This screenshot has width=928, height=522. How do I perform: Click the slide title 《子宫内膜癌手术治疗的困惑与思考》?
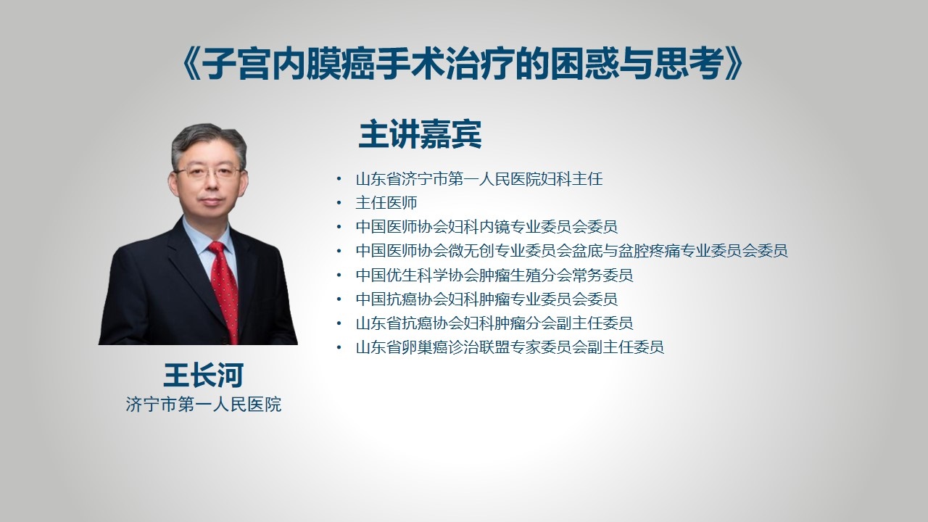coord(463,63)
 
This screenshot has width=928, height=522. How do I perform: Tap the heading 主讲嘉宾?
coord(420,134)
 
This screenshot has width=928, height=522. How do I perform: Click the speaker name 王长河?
coord(204,376)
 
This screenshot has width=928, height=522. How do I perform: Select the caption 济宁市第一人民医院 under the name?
coord(204,405)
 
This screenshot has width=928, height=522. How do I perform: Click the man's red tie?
coord(224,290)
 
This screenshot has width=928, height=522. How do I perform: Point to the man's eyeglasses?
coord(208,172)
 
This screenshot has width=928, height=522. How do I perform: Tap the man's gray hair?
coord(208,143)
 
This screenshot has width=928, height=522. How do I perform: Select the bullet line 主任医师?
coord(386,203)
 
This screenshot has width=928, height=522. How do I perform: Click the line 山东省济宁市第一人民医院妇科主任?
coord(479,179)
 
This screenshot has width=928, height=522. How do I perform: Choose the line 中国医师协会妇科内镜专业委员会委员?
coord(486,227)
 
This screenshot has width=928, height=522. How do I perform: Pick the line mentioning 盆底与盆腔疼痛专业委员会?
coord(572,251)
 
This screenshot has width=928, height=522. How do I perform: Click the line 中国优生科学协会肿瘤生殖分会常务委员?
coord(494,275)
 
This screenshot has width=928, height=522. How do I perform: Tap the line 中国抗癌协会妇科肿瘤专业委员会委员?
coord(486,299)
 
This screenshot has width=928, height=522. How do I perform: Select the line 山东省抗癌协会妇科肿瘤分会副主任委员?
coord(494,323)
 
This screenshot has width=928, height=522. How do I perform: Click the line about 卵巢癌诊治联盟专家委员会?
coord(510,347)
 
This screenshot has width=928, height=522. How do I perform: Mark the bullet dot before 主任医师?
coord(339,203)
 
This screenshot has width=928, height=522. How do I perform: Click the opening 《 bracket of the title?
coord(191,64)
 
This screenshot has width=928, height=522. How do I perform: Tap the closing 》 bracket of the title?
coord(734,64)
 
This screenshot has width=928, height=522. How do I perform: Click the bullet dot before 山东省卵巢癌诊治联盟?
coord(339,347)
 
